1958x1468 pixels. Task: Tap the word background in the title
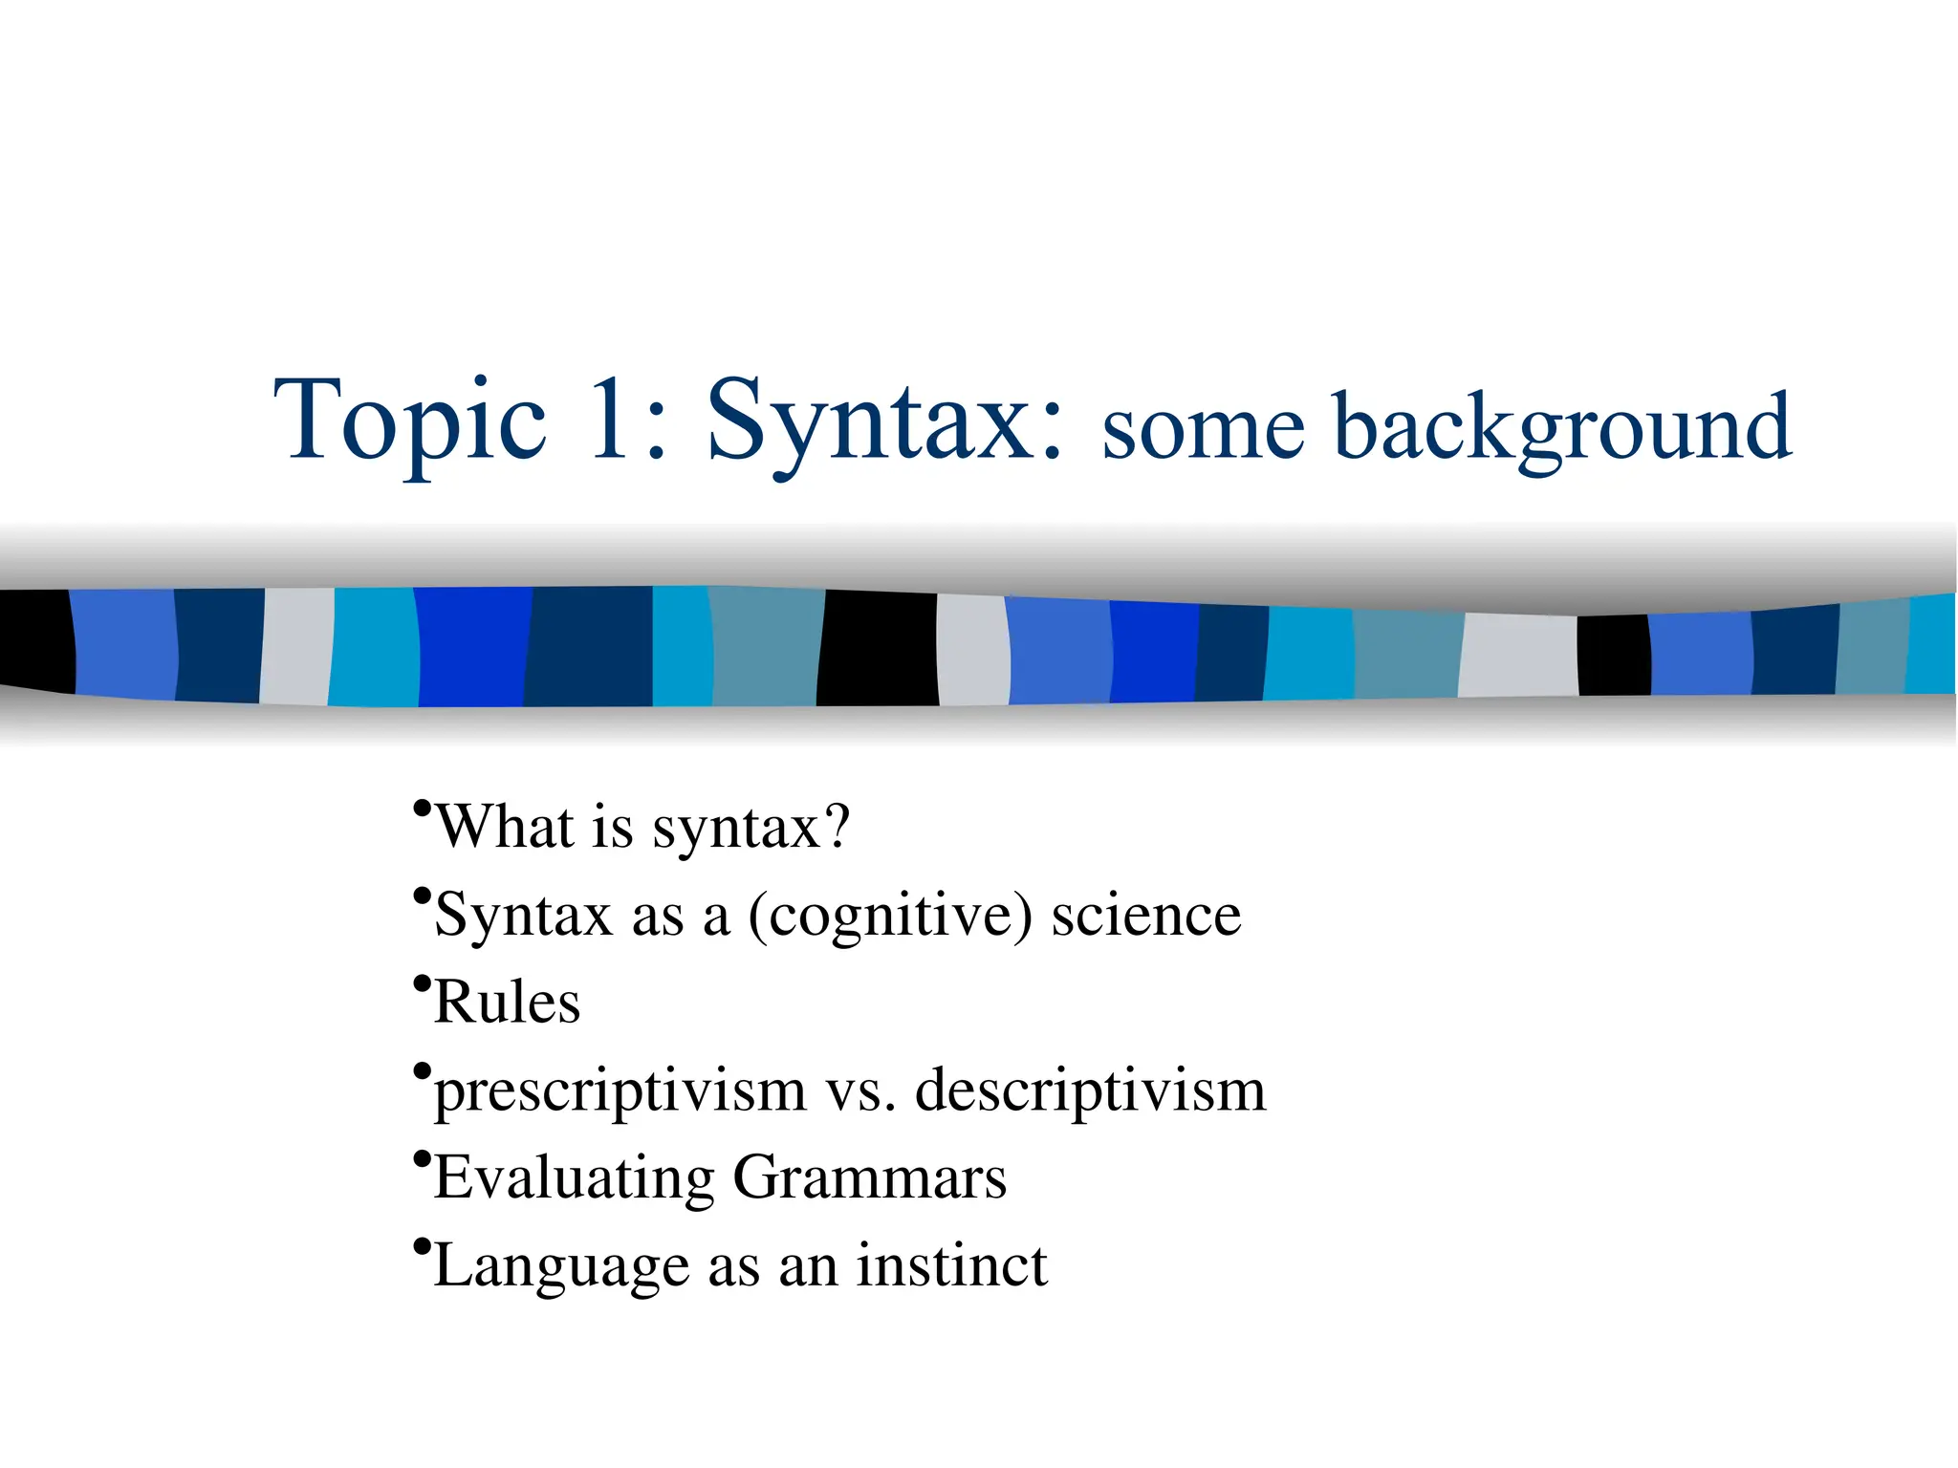coord(1561,427)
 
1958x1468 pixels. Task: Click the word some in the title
coord(1203,430)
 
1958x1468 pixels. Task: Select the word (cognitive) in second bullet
coord(890,916)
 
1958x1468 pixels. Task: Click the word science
coord(1145,916)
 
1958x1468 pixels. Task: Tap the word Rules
coord(507,1003)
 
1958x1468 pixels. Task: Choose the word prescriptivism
coord(620,1091)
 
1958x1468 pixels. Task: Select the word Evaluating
coord(575,1178)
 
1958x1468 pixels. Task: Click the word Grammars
coord(869,1178)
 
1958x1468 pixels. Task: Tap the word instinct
coord(951,1265)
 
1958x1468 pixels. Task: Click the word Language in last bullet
coord(561,1267)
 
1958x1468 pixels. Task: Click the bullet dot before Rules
coord(422,982)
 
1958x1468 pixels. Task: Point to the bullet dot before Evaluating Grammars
coord(422,1157)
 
